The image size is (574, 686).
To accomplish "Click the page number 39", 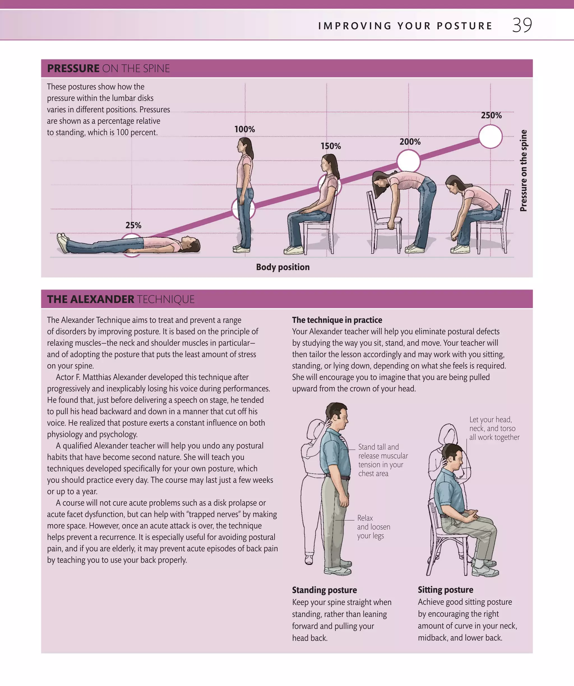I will [x=522, y=25].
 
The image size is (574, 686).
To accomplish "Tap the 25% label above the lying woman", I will [x=133, y=225].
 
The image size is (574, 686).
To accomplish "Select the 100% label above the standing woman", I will [x=245, y=129].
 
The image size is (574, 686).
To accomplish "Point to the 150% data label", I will [x=330, y=146].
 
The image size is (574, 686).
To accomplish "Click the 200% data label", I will [x=410, y=142].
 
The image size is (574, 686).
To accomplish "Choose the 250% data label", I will [x=491, y=115].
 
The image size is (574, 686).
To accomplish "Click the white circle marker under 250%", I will [x=490, y=137].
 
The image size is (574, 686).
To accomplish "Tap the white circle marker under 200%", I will [x=408, y=161].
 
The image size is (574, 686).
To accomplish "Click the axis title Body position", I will [x=283, y=267].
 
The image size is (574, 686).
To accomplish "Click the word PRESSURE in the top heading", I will [x=73, y=69].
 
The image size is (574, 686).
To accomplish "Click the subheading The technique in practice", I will [x=337, y=320].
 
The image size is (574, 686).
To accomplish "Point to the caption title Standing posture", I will [x=324, y=590].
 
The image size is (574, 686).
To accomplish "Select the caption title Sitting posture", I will [x=445, y=590].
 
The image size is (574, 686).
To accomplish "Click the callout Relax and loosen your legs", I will [x=373, y=527].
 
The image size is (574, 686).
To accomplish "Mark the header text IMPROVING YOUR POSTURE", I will [x=405, y=26].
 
